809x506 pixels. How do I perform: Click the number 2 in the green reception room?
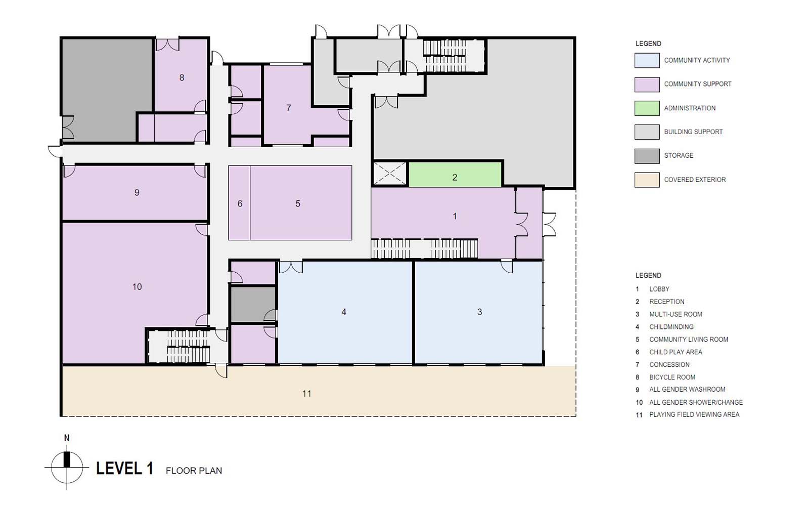[455, 178]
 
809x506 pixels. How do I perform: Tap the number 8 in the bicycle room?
[182, 77]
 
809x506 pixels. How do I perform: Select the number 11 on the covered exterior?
[306, 394]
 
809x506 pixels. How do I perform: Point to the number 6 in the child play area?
[240, 204]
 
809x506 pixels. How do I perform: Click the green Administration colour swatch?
[647, 108]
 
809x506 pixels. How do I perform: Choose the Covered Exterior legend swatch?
[647, 180]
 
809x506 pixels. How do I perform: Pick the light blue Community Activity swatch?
[647, 60]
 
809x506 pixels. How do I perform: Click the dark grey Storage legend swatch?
[647, 156]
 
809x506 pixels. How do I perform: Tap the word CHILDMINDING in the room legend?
[671, 327]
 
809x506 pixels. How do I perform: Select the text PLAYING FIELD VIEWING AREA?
[694, 414]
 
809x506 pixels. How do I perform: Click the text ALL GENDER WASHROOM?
[687, 389]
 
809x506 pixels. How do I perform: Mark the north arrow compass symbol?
[67, 468]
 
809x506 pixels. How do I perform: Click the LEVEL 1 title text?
[124, 469]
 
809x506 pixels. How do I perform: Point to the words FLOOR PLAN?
[194, 471]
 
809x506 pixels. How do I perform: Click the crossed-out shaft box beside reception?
[390, 174]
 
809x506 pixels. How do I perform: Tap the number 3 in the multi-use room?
[480, 312]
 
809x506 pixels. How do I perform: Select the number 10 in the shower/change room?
[137, 287]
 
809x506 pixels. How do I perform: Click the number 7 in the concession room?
[289, 108]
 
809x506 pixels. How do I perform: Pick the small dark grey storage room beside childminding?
[253, 304]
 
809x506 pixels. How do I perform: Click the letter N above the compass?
[66, 438]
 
